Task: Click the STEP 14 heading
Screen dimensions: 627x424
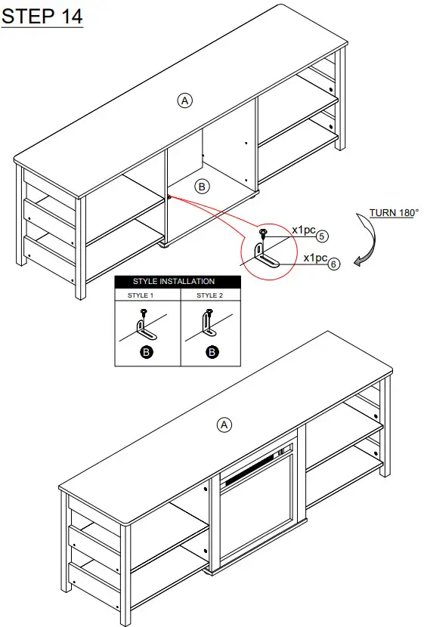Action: (42, 17)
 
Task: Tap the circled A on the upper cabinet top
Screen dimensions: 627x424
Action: (184, 100)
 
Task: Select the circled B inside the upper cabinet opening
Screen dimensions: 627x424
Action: (202, 185)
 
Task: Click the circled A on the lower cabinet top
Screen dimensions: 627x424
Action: (224, 425)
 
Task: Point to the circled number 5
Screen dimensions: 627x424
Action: (321, 236)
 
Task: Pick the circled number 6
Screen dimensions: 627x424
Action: (335, 264)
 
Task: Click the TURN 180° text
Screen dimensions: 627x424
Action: (393, 213)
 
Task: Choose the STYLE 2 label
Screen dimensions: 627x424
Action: (210, 295)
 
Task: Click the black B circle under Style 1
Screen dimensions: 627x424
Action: (147, 352)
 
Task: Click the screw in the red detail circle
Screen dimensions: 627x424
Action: (264, 233)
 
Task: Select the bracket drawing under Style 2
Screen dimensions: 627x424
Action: (209, 328)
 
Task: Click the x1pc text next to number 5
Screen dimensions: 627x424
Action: (304, 230)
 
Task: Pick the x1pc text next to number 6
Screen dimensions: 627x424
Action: (315, 258)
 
